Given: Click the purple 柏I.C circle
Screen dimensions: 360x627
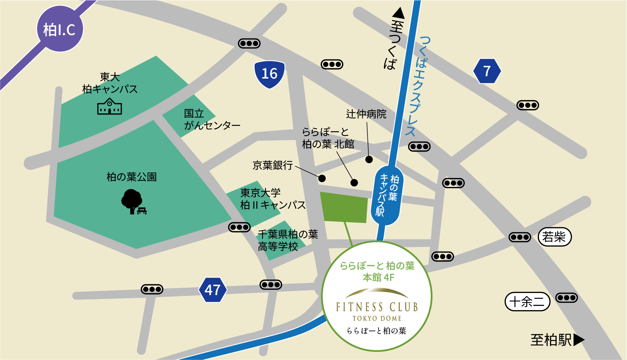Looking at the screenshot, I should (x=60, y=29).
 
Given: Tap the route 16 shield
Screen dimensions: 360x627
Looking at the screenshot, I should (x=269, y=74).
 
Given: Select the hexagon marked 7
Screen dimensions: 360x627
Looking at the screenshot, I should (x=487, y=71).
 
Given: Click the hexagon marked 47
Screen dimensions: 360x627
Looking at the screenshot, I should (x=213, y=290).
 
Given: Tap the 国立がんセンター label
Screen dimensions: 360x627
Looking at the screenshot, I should (x=212, y=119).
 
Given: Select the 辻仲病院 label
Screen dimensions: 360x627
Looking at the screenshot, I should (x=366, y=114).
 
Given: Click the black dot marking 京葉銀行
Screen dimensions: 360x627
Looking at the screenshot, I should (x=322, y=178).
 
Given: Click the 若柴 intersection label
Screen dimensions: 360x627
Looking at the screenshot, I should (x=554, y=237).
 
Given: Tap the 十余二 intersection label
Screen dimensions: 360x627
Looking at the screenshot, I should (x=527, y=302).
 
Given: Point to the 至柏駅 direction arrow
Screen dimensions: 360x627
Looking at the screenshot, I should (x=579, y=340).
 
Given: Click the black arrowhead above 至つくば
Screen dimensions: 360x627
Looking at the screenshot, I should (x=398, y=13).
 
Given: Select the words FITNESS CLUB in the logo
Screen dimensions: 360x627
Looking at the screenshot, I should (x=376, y=307).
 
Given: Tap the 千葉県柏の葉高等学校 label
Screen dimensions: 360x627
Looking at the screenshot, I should (x=288, y=240).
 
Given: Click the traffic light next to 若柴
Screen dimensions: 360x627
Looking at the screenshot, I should (x=520, y=237).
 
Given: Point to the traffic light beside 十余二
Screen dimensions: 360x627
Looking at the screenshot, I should (x=566, y=298).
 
